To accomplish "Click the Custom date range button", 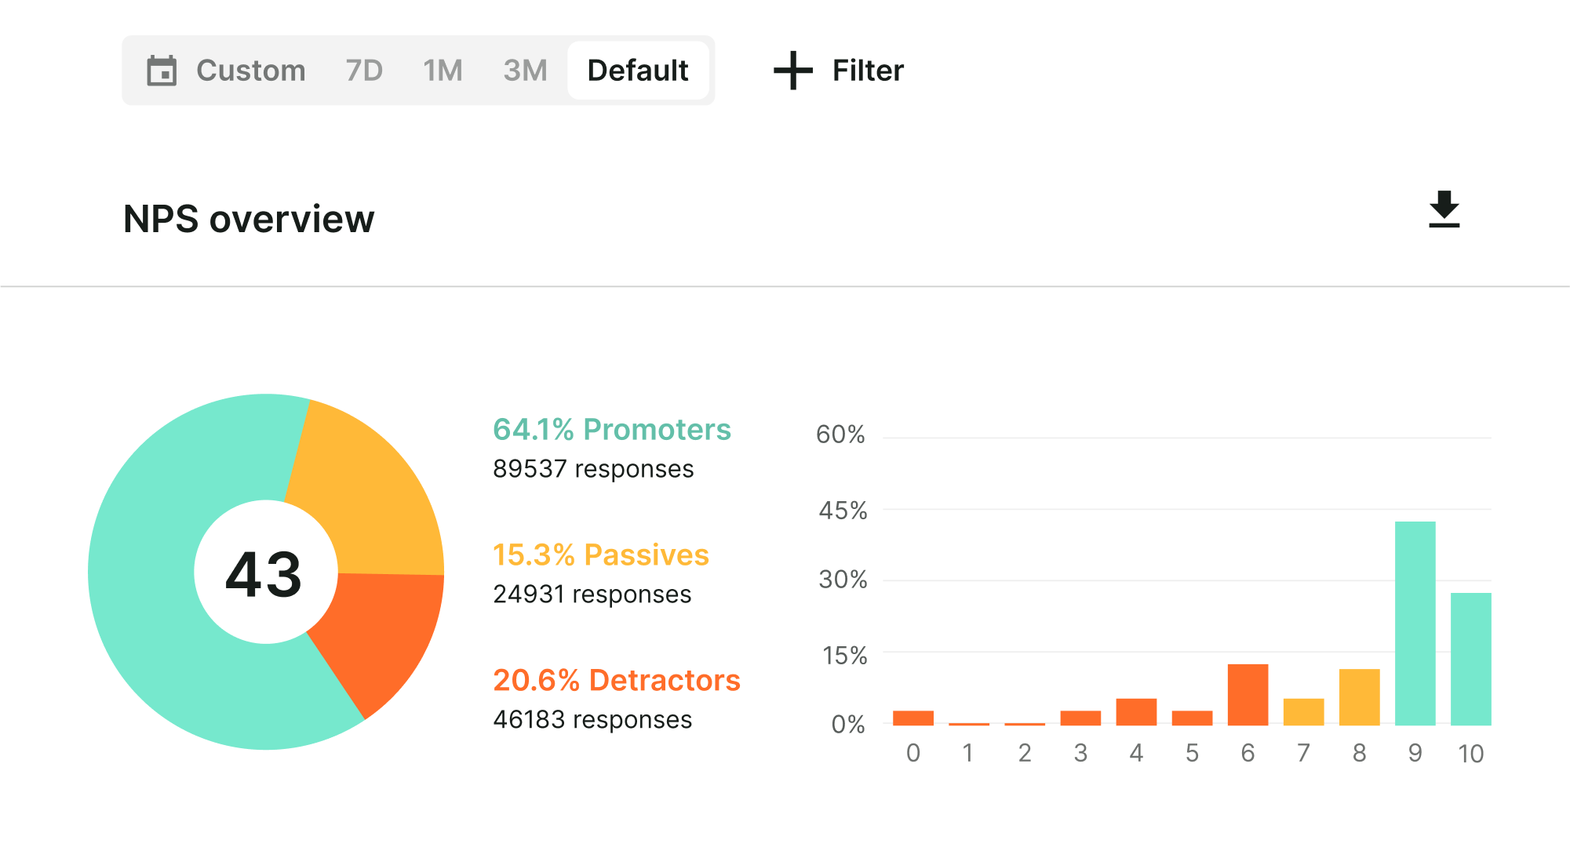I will (227, 71).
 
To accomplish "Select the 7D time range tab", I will (364, 71).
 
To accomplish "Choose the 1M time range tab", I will (443, 71).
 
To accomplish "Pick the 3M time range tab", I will (525, 71).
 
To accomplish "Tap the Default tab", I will (638, 71).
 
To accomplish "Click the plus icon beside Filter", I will (793, 71).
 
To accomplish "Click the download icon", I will (1444, 209).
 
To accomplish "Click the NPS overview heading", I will (249, 219).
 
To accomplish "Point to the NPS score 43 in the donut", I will (264, 574).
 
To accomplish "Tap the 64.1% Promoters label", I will (611, 430).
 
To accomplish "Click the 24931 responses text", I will (592, 594).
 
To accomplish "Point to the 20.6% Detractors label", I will (616, 681).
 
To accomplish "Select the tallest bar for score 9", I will (1415, 624).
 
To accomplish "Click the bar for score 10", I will (1470, 659).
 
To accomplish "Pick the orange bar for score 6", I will (1248, 695).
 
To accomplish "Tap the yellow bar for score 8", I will (1359, 697).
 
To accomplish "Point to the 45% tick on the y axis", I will (843, 511).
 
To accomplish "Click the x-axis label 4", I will (1136, 753).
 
